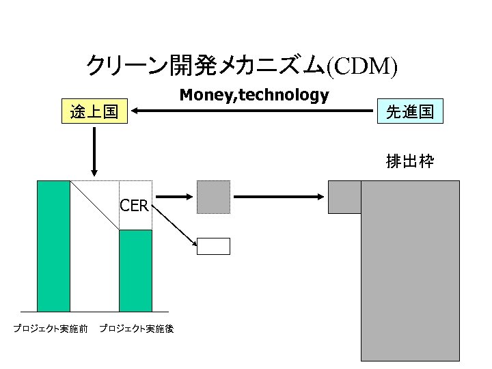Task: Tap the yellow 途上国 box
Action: click(x=94, y=111)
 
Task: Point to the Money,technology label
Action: click(x=254, y=95)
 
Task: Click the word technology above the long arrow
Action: click(x=286, y=95)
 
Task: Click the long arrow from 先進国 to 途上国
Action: click(x=253, y=110)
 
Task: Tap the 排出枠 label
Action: click(x=409, y=162)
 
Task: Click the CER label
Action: click(x=134, y=205)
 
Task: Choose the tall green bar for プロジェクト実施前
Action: click(x=53, y=246)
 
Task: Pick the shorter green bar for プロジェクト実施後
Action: click(x=135, y=271)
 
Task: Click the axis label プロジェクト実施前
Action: click(x=51, y=329)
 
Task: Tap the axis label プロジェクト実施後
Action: click(x=136, y=329)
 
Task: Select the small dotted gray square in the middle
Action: click(x=213, y=197)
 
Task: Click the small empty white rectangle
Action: click(x=213, y=246)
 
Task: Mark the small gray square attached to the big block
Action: click(x=344, y=197)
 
